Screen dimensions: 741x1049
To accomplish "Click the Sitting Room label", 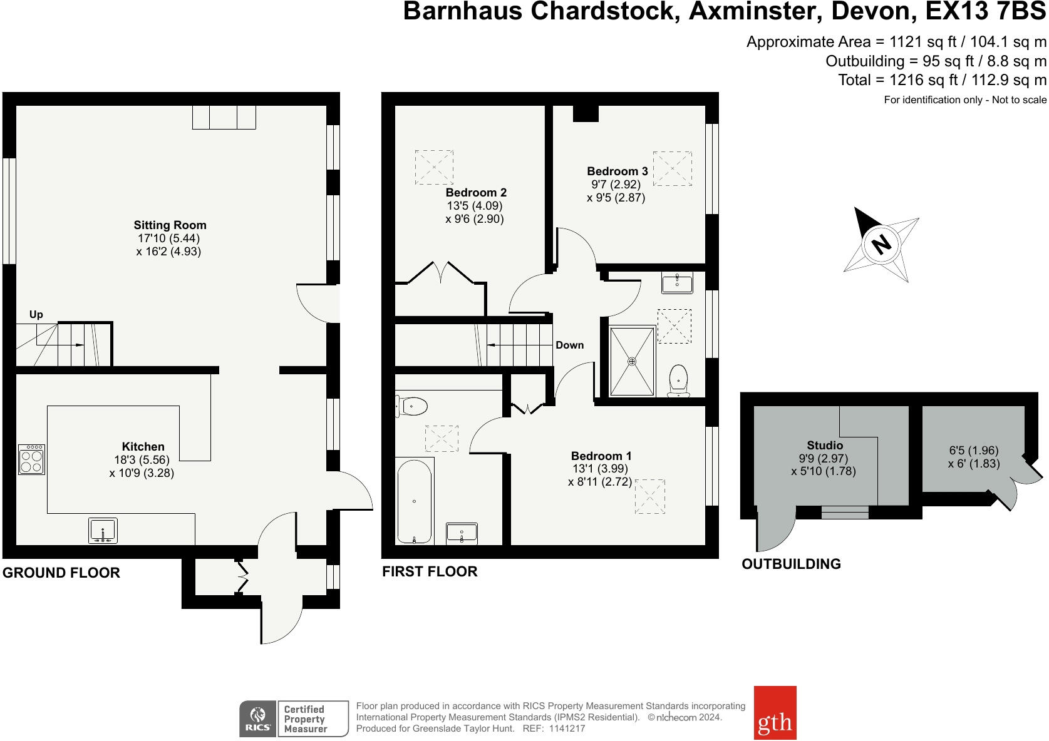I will pos(170,225).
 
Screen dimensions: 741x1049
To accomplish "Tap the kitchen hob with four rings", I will pos(31,459).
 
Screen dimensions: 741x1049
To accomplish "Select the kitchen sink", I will pos(103,531).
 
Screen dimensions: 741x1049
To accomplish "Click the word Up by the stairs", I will pos(36,315).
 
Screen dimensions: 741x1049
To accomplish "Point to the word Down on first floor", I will pos(569,345).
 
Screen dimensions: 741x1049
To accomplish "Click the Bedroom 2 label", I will pos(476,193).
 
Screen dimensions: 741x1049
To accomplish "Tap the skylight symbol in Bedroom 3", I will pos(672,168).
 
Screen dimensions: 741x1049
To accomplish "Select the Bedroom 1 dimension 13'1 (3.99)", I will pos(599,469).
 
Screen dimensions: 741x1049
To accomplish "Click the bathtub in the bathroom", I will pos(414,501).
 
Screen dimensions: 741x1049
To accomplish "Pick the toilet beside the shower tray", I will pos(678,380).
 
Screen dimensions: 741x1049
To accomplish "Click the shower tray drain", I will pos(632,361).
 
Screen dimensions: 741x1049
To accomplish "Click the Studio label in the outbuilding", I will pos(824,446).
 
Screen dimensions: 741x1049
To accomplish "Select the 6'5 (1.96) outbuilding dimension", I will pos(974,451).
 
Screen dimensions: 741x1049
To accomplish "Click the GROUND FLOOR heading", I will pos(61,573).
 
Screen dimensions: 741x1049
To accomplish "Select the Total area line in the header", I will pos(942,80).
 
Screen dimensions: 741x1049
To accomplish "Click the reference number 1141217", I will pos(567,728).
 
